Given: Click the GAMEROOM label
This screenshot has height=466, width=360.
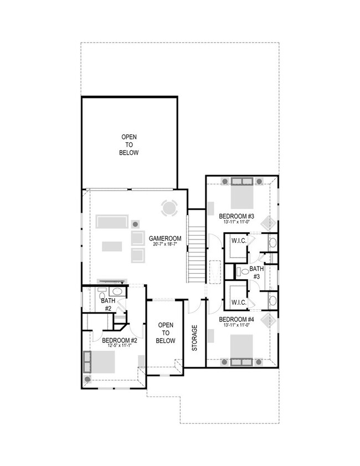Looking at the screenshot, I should tap(165, 238).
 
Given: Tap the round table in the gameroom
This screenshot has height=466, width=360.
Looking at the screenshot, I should tap(169, 208).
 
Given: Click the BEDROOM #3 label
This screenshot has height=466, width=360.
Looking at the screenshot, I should tap(236, 216).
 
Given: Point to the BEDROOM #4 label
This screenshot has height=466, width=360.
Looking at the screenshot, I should tap(236, 319).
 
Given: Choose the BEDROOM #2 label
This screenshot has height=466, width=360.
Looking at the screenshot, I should tap(119, 340).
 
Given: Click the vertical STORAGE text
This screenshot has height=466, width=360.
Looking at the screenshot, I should tap(194, 338).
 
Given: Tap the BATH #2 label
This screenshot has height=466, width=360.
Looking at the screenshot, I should tap(107, 304).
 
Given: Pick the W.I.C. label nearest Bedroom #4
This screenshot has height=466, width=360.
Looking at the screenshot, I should tap(239, 302).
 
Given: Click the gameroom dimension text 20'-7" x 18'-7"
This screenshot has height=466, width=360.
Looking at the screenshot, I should tap(165, 244).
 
